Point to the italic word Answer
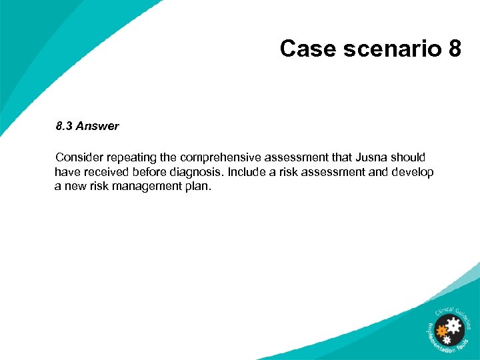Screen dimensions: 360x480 click(97, 126)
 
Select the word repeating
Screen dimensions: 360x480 click(130, 157)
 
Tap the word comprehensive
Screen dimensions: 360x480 click(221, 157)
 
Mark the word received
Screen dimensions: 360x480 click(104, 172)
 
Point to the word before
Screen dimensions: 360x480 click(151, 172)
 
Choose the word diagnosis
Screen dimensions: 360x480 click(198, 172)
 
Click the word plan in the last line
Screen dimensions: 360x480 click(199, 187)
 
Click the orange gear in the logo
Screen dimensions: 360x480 click(441, 330)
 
